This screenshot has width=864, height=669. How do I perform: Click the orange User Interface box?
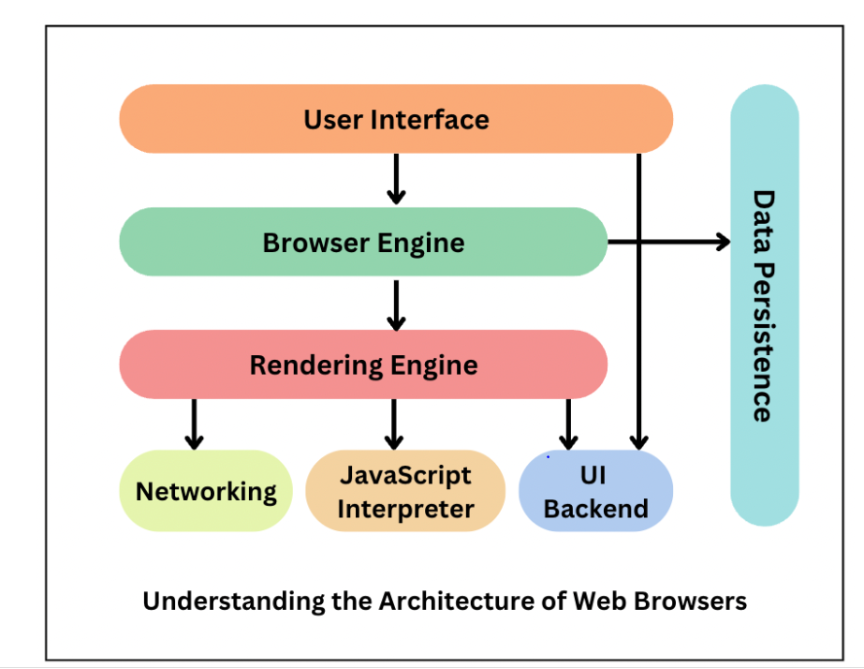(396, 119)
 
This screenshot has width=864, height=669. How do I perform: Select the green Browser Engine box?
(363, 242)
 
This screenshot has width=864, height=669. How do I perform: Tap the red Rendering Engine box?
(363, 364)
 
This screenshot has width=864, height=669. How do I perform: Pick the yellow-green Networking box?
(206, 491)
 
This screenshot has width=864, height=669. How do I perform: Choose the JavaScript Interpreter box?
(405, 491)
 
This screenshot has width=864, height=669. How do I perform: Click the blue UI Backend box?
(595, 491)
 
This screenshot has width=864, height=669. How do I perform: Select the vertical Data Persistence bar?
(764, 305)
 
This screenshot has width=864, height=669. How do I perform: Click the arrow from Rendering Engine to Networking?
(194, 424)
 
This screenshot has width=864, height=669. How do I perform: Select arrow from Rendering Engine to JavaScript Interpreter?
(394, 424)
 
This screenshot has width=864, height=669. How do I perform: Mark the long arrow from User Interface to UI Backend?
(638, 300)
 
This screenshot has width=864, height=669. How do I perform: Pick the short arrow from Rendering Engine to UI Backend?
(567, 424)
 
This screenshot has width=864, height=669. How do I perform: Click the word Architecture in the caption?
(436, 601)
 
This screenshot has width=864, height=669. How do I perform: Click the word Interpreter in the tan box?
(405, 509)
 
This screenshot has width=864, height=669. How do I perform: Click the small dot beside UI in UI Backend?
(548, 457)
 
